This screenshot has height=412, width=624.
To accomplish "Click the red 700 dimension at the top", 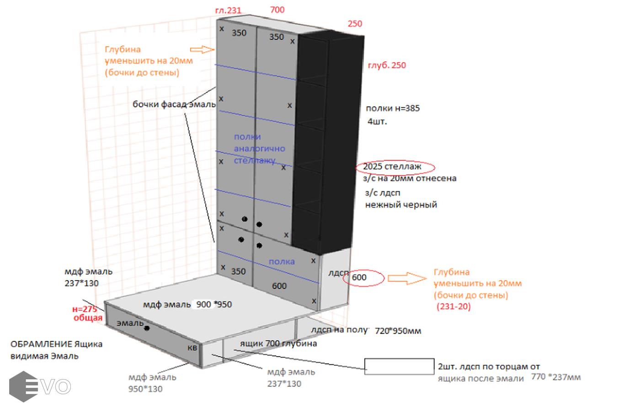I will coord(277,10).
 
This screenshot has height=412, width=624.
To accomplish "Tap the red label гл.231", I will coord(228,11).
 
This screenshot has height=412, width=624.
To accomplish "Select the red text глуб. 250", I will coord(387,65).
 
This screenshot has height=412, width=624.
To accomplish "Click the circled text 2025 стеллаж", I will coord(392,167).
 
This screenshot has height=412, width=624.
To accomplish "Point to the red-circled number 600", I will coord(359,277).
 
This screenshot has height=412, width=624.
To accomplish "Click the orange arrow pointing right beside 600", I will coord(406,277).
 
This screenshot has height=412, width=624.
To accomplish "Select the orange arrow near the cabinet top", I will coord(202,49).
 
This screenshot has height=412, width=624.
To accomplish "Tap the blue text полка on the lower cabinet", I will coord(282,262).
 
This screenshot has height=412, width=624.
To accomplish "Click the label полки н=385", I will coord(393,108).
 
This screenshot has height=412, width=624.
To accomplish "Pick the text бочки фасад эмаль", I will coord(174,104).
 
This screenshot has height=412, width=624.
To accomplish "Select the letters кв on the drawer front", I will coord(192,347).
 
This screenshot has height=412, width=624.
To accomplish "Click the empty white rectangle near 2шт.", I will coord(399,367).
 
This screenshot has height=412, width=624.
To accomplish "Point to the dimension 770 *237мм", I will coord(556,377).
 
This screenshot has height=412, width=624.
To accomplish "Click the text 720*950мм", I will coord(398,331).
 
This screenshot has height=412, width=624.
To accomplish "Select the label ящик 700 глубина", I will coord(278,343).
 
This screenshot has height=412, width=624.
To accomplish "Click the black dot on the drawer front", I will coord(147,328).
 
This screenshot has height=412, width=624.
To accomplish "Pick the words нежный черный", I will coord(401,205).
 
